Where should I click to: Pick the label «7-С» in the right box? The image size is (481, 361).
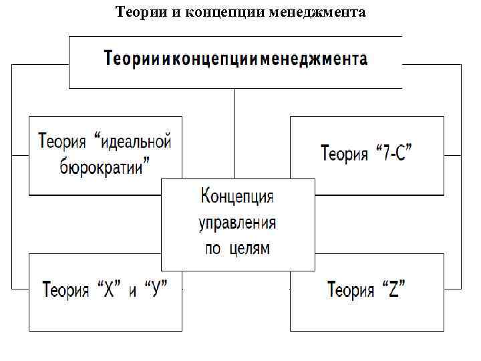pyautogui.click(x=394, y=154)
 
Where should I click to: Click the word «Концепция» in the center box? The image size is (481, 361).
pyautogui.click(x=237, y=197)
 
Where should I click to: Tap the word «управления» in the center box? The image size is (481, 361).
pyautogui.click(x=237, y=223)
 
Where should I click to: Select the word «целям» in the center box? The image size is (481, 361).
pyautogui.click(x=249, y=248)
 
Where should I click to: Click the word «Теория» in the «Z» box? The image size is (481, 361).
pyautogui.click(x=351, y=290)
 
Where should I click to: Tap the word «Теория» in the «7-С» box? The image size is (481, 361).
pyautogui.click(x=345, y=154)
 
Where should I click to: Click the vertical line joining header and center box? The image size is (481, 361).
pyautogui.click(x=234, y=134)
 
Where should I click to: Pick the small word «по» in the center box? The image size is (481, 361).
pyautogui.click(x=212, y=248)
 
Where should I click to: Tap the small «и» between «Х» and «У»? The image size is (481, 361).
pyautogui.click(x=132, y=291)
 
